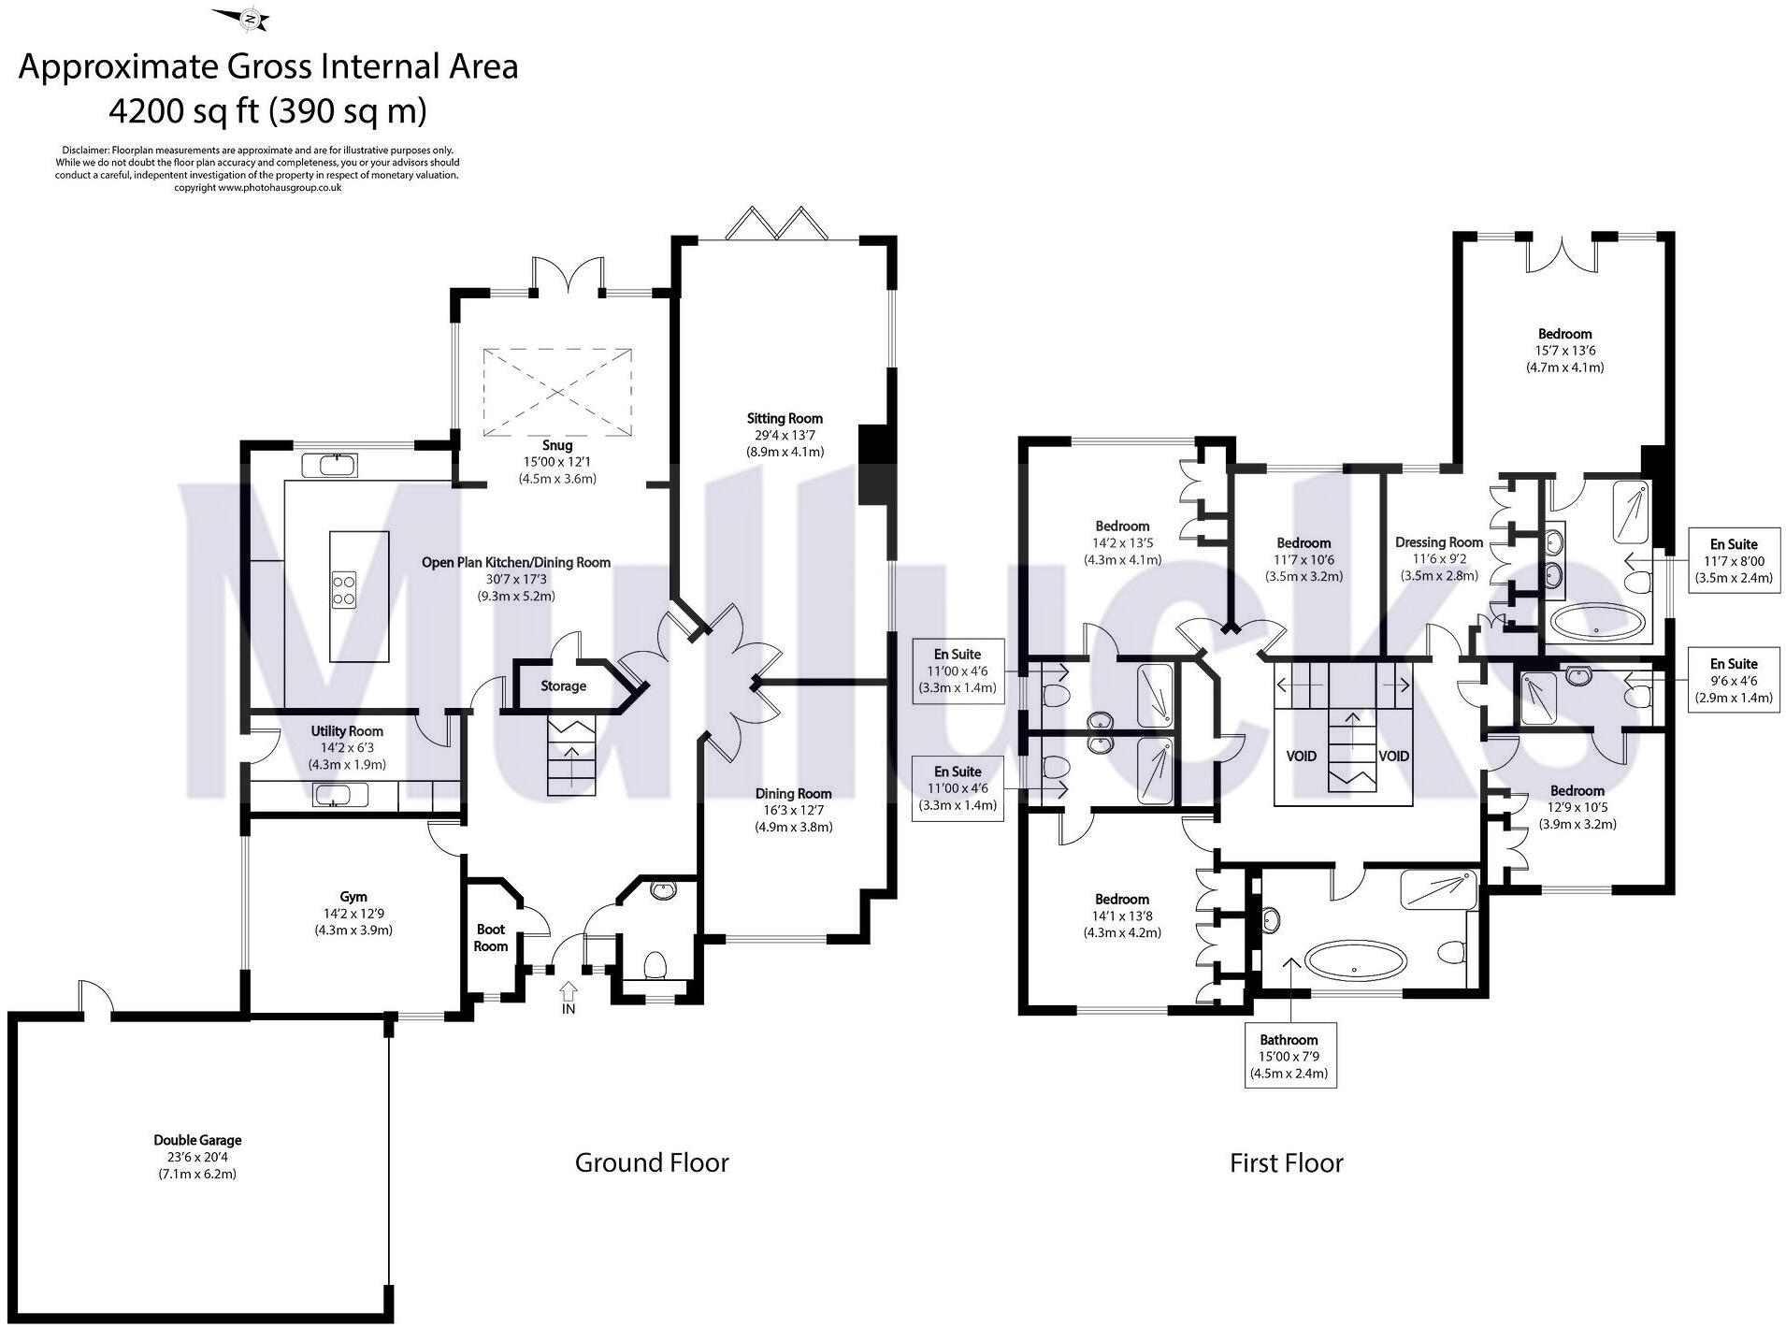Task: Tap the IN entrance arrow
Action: click(568, 990)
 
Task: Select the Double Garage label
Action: click(197, 1140)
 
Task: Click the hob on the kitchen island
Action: click(343, 588)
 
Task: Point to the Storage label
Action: click(563, 685)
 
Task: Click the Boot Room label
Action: click(490, 937)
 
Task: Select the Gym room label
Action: click(353, 896)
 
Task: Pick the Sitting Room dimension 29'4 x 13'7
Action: click(785, 435)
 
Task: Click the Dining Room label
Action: click(793, 793)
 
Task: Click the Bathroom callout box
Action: click(1289, 1056)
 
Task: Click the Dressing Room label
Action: click(1438, 542)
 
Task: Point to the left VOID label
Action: click(1301, 756)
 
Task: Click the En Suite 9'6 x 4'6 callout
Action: click(1733, 681)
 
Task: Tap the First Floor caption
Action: click(1286, 1162)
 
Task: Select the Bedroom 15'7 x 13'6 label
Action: click(1564, 334)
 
